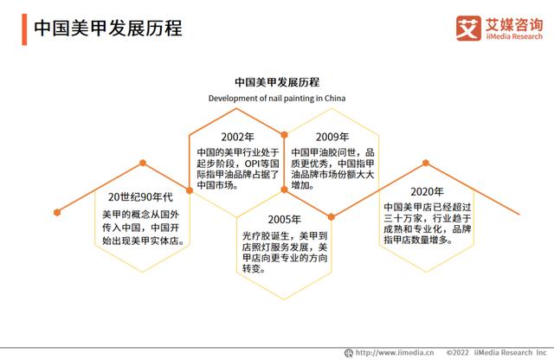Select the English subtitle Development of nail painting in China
click(x=277, y=99)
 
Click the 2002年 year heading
click(x=237, y=137)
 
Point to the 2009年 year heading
click(x=332, y=137)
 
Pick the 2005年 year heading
click(x=285, y=219)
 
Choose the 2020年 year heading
click(x=428, y=191)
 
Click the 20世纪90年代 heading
click(x=142, y=196)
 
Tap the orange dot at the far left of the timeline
click(x=57, y=210)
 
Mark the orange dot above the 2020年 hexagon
click(x=426, y=162)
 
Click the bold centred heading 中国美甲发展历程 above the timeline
click(x=277, y=82)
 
